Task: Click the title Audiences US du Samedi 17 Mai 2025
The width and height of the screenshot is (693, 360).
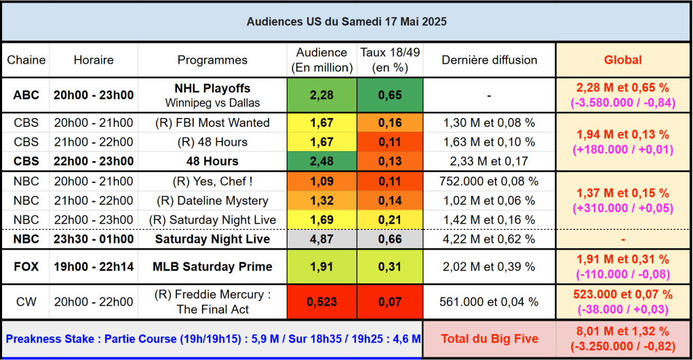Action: pos(346,22)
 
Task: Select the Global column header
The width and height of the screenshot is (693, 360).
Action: pos(622,60)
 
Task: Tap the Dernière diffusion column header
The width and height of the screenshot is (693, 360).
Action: pos(489,60)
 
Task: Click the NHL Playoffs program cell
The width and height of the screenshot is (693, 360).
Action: pos(212,96)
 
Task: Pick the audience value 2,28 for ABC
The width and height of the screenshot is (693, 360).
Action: pos(321,96)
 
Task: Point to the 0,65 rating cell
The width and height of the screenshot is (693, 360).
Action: pos(390,96)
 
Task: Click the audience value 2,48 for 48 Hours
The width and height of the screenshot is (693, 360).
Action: pos(321,161)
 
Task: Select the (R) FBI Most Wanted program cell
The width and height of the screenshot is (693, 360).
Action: pos(212,123)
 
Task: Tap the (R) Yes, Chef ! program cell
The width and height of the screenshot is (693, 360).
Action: pos(212,182)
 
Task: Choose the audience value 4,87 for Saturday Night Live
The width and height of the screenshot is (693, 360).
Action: pos(321,239)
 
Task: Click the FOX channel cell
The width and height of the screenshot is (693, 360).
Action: pos(26,266)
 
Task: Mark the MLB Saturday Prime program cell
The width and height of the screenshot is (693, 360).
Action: pos(212,266)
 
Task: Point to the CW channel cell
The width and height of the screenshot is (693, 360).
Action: pos(26,302)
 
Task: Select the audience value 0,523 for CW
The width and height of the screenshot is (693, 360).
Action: pos(321,302)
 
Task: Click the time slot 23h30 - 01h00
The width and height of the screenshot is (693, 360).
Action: pos(94,239)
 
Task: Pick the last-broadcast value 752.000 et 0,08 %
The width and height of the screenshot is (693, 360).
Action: pos(489,182)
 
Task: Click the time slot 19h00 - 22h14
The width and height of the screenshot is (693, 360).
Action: pos(94,266)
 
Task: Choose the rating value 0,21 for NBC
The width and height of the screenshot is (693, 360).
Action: pos(390,220)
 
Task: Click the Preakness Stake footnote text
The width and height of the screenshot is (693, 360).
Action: pos(212,339)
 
